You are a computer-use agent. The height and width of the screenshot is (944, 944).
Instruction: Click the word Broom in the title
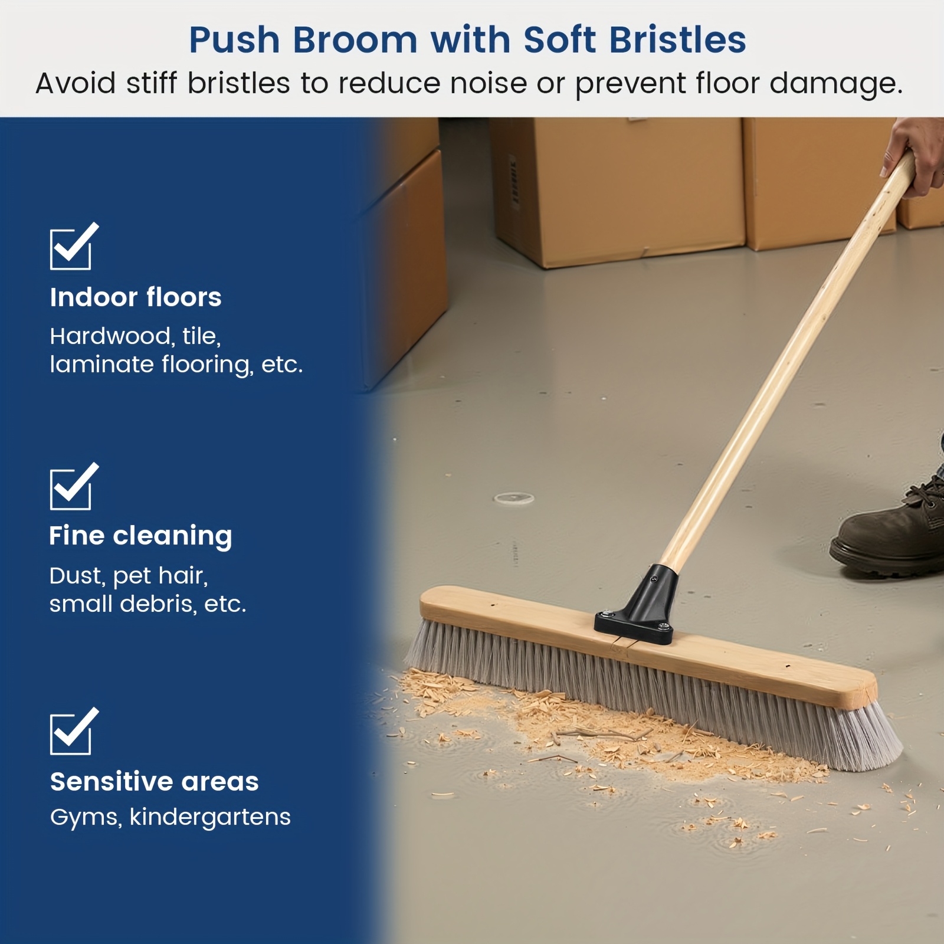click(355, 40)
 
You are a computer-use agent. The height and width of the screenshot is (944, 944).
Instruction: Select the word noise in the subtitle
click(489, 83)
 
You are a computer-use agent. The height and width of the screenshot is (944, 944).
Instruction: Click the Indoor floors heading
click(136, 297)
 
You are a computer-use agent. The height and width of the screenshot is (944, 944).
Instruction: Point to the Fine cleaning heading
click(140, 536)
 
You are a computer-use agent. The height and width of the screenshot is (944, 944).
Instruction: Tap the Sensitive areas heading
click(155, 782)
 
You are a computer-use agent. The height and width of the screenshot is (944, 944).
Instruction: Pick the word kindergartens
click(210, 818)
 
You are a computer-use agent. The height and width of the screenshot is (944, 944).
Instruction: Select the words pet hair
click(160, 576)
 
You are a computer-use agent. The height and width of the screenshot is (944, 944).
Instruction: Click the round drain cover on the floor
click(514, 499)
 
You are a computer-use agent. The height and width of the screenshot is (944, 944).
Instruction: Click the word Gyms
click(86, 818)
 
